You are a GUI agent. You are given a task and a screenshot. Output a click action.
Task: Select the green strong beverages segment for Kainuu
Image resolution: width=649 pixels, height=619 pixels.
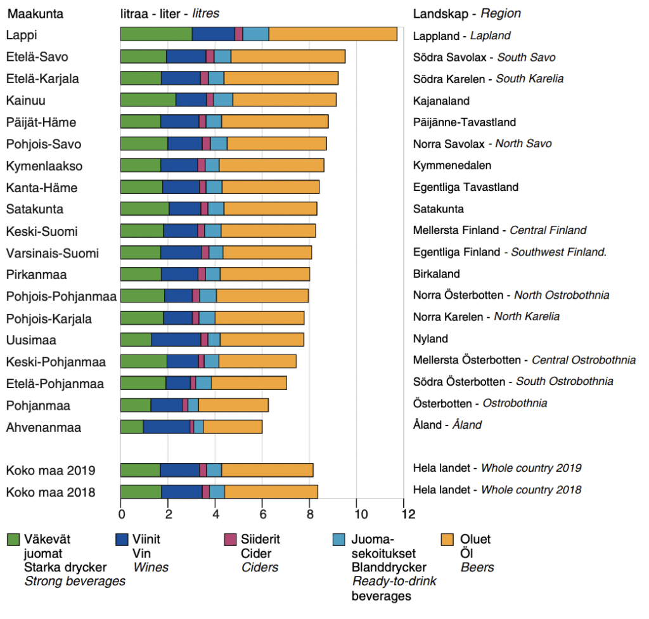(x=148, y=100)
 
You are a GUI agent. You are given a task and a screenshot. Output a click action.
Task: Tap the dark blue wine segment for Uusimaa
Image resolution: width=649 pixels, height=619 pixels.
(x=176, y=339)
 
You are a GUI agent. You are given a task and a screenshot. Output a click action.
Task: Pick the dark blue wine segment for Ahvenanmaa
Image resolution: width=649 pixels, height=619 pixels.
(x=166, y=427)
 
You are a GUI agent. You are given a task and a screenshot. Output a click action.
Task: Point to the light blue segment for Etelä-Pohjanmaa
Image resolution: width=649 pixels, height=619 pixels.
(x=203, y=383)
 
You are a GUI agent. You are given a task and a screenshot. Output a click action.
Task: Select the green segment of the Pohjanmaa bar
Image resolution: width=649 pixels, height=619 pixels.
(x=136, y=405)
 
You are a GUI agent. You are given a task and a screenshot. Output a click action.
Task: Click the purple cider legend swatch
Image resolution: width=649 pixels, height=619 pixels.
(x=231, y=540)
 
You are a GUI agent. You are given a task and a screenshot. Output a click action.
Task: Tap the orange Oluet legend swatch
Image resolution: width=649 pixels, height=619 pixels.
(x=447, y=540)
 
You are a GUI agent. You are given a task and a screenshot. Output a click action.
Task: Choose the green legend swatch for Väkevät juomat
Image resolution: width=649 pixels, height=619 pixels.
(x=13, y=540)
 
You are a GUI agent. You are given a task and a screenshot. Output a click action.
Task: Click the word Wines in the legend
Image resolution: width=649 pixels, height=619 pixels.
(x=151, y=567)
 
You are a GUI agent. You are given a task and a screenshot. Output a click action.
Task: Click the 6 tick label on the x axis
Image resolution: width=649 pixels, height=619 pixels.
(x=262, y=513)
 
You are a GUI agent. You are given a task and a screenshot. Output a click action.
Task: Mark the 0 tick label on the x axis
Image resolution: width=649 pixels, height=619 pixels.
(x=121, y=513)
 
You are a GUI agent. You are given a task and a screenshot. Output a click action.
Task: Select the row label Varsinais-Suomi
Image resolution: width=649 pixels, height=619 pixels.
(x=53, y=254)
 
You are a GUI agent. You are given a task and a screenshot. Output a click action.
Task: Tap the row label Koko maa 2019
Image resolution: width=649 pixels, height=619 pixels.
(x=51, y=471)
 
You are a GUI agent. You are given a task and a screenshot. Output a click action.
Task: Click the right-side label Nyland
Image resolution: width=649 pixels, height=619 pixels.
(x=430, y=339)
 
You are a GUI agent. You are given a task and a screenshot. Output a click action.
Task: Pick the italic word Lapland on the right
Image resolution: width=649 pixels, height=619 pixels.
(x=490, y=36)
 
